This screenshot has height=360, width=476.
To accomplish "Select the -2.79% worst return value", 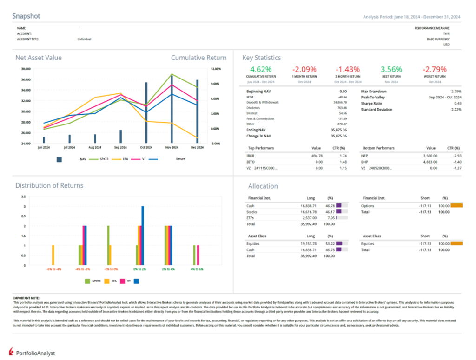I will coord(435,69).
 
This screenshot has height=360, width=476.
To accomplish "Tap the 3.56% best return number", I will coord(391,69).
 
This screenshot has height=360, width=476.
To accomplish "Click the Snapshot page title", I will coord(26,16).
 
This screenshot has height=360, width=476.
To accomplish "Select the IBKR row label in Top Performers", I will coord(251,156).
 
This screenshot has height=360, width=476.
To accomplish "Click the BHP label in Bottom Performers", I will coord(365,162).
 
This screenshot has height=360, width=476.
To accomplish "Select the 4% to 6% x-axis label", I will coord(196,269).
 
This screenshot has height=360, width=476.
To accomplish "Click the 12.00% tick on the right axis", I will coord(216,69).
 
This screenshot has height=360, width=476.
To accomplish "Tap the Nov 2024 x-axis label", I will coord(172,147).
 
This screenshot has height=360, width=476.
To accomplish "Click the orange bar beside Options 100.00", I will coord(456,205).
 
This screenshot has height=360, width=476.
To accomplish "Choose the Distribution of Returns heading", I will coord(49,185).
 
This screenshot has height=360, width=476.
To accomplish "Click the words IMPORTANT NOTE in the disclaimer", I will coord(26,297).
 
